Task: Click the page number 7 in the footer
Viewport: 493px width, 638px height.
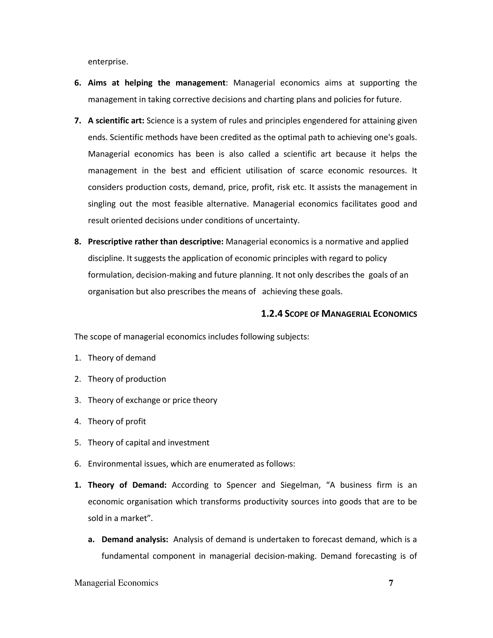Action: (391, 583)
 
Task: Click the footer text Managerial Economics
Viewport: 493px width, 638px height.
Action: (116, 583)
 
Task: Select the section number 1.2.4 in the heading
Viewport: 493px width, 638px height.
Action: (272, 314)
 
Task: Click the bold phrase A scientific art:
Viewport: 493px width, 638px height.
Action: (116, 121)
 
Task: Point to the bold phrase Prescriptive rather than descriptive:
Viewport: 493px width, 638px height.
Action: (156, 241)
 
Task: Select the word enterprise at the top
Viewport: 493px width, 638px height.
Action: (108, 62)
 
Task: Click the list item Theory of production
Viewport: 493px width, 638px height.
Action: (127, 379)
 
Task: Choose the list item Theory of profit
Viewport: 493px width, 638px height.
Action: (117, 421)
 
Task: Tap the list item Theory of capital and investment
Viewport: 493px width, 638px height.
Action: (148, 443)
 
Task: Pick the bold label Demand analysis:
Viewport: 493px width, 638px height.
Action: (135, 539)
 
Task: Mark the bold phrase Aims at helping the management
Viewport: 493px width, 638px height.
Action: (156, 83)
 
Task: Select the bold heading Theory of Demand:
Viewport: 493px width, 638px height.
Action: (127, 485)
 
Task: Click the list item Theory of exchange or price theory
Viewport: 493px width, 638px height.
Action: (152, 400)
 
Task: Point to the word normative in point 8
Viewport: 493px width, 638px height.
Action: (343, 241)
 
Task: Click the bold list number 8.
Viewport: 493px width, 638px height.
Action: (78, 241)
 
